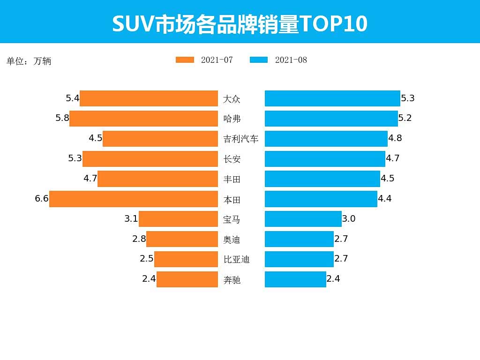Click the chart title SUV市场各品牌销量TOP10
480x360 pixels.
(x=240, y=24)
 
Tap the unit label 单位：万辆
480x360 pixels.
(x=29, y=61)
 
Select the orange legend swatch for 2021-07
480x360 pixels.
(x=185, y=60)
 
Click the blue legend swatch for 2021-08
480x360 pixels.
(x=259, y=60)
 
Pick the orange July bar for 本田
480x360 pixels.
(x=134, y=199)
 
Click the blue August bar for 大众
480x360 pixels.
(x=332, y=98)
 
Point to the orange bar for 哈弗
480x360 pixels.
(x=143, y=119)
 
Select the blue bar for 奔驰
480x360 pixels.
(x=295, y=279)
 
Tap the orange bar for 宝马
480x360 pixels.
(x=178, y=219)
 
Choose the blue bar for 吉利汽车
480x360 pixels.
(x=326, y=139)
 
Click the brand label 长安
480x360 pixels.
(x=232, y=159)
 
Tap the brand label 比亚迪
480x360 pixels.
(x=236, y=259)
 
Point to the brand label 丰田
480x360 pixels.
(x=232, y=179)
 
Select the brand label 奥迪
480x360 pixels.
(x=232, y=240)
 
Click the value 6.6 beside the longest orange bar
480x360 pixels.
(x=42, y=199)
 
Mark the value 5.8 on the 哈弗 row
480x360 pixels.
(x=62, y=118)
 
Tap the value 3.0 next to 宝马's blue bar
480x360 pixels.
(x=349, y=219)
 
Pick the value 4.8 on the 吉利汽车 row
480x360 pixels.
(x=395, y=138)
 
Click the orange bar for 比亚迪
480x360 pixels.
(x=186, y=259)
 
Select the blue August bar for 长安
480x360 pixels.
(x=325, y=159)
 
